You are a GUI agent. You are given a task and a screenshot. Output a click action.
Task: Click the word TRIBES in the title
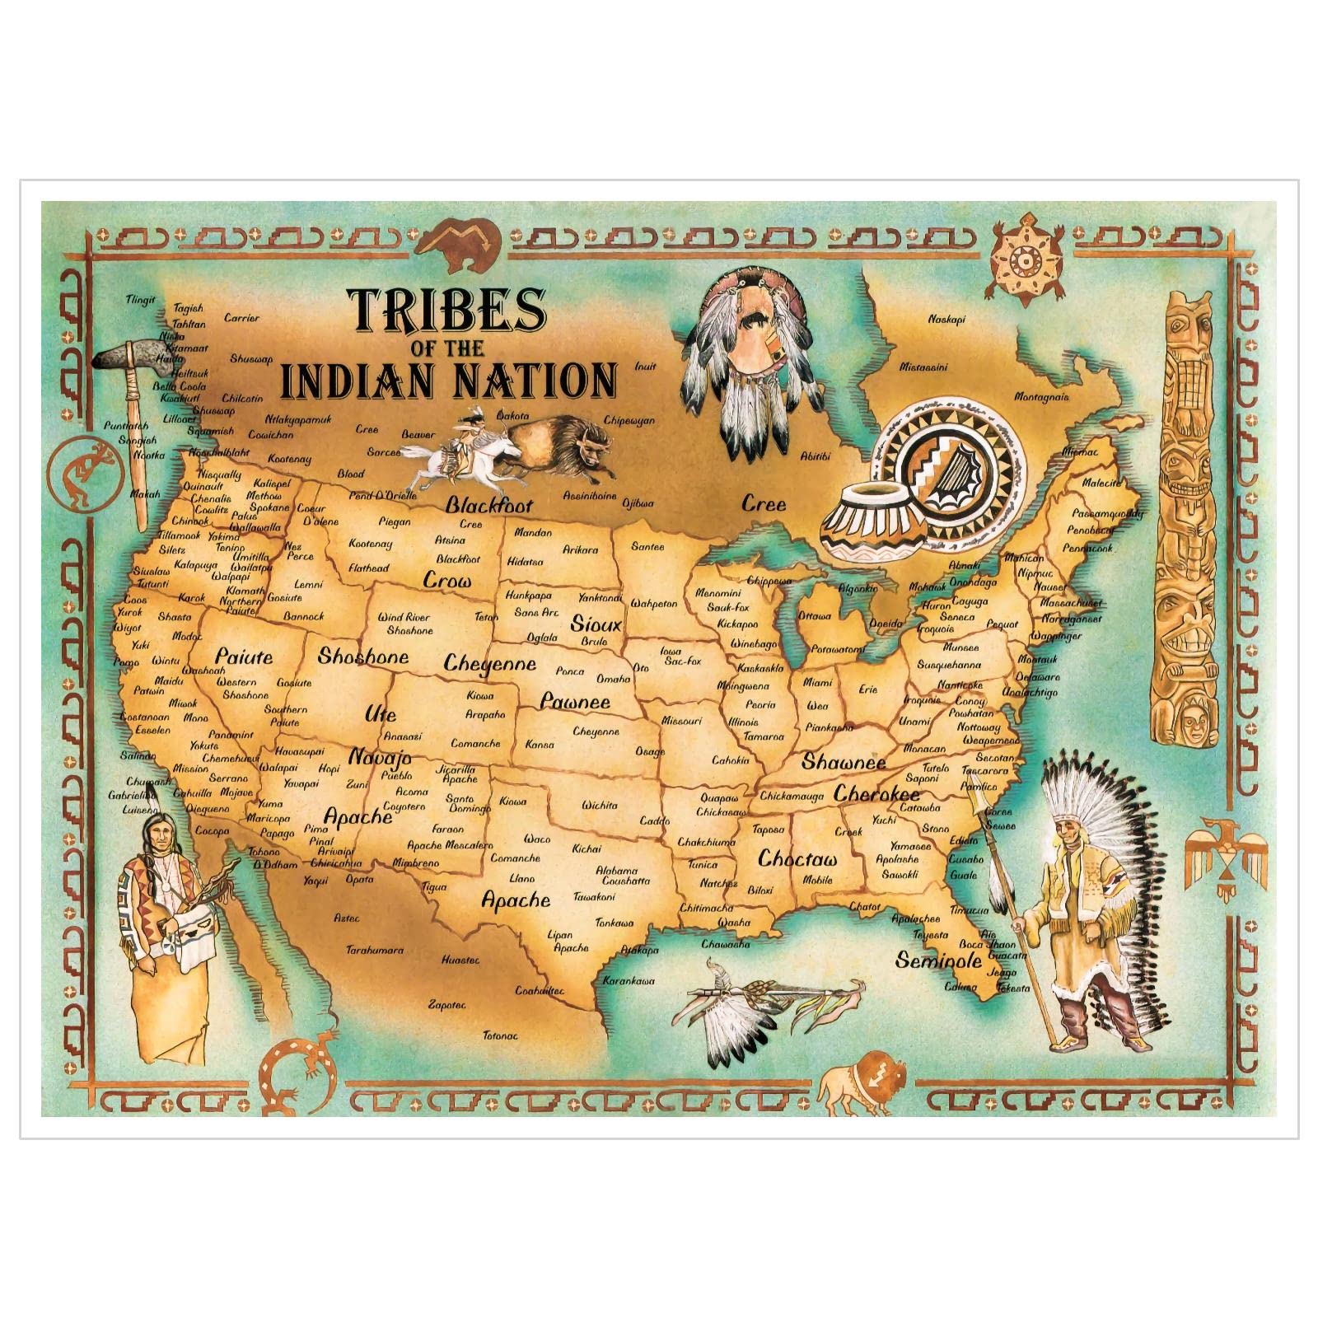[x=449, y=309]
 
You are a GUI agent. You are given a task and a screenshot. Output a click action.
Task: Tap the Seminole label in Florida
[x=938, y=960]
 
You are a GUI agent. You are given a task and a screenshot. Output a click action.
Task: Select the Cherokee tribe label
[x=876, y=794]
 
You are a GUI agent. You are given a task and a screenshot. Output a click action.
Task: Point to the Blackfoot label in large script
[x=489, y=505]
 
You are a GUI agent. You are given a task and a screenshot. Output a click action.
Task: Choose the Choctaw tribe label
[x=797, y=859]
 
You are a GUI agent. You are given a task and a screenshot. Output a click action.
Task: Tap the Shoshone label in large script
[x=363, y=657]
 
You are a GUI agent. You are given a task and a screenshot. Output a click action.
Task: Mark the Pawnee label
[x=575, y=702]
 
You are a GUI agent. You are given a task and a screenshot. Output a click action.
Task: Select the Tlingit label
[x=141, y=300]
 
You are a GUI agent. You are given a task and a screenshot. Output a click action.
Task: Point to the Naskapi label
[x=946, y=319]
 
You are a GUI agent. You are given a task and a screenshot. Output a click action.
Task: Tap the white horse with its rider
[x=457, y=457]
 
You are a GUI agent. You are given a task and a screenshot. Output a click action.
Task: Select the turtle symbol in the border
[x=1024, y=264]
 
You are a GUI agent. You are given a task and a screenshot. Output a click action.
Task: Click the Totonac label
[x=500, y=1035]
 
